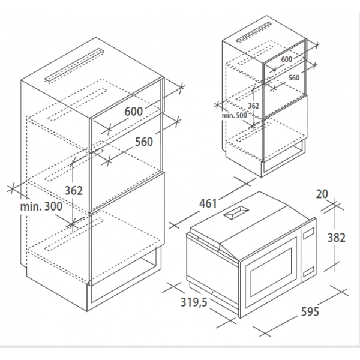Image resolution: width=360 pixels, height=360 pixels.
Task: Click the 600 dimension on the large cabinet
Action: click(134, 112)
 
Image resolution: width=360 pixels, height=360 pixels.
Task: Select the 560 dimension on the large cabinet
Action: click(144, 142)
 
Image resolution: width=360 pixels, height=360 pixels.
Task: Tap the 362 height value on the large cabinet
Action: click(73, 190)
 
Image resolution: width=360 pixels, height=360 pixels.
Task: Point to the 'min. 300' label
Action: click(41, 206)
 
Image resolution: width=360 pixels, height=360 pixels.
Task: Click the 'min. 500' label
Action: click(235, 115)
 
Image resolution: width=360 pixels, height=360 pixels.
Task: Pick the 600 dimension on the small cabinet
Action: click(287, 59)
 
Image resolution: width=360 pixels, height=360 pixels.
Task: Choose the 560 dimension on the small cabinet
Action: click(294, 77)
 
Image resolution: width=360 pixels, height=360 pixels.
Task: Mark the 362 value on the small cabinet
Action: click(253, 106)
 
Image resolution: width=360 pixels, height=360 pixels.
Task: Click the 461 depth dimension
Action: click(208, 203)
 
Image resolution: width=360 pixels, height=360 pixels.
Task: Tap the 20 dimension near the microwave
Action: click(322, 194)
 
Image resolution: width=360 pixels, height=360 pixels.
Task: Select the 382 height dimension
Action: click(337, 238)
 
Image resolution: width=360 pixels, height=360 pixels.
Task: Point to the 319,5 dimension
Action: click(194, 302)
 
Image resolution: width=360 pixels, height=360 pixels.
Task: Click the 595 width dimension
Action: click(310, 311)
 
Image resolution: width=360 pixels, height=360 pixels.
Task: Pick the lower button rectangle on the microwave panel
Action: click(309, 271)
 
